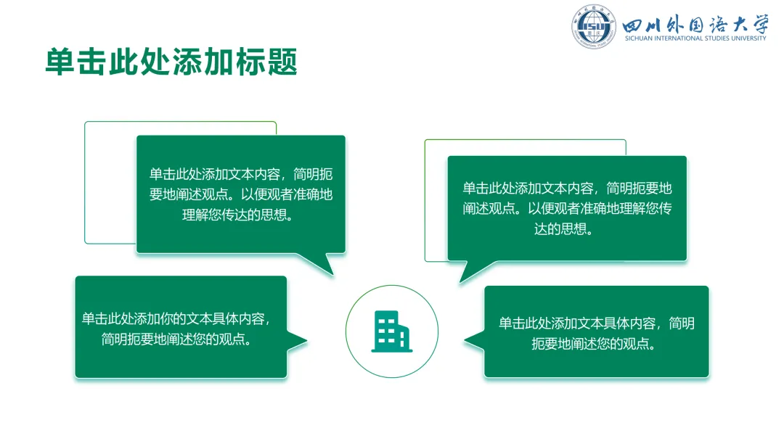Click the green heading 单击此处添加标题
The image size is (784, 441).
pos(171,62)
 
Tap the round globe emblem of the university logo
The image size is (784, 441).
pos(594,26)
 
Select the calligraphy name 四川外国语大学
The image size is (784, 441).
pos(695,24)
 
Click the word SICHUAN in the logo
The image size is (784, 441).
pos(639,38)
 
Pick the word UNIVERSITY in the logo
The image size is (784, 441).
pos(749,38)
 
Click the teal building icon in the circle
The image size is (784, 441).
pos(391,331)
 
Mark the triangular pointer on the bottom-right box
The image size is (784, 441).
pos(475,340)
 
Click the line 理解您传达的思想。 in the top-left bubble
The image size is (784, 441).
pos(238,215)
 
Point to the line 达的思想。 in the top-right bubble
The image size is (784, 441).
pos(564,228)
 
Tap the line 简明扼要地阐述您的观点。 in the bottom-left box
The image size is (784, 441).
pos(177,339)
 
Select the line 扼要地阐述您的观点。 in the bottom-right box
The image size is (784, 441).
pos(594,344)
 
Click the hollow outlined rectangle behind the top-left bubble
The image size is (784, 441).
pos(85,182)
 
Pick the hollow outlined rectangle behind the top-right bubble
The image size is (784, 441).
pos(425,199)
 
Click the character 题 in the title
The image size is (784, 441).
pos(282,62)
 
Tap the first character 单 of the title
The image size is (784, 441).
pos(60,62)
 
